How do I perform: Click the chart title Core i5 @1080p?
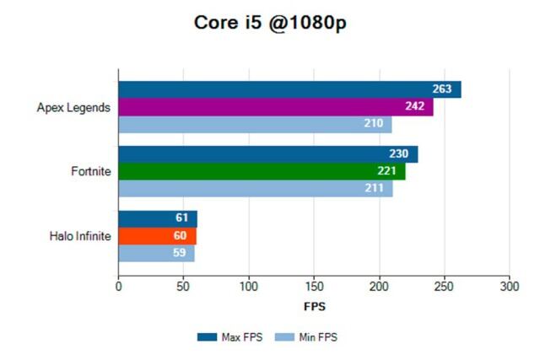[x=270, y=23]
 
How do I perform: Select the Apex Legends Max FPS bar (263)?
[x=289, y=89]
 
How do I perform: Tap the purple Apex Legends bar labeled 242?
[x=275, y=107]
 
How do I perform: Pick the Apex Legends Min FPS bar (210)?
[x=255, y=125]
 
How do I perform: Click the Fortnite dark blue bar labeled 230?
[x=267, y=154]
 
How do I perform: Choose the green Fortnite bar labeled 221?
[x=262, y=171]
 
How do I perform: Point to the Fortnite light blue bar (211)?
[x=255, y=188]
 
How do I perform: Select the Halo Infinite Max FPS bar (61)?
[x=157, y=218]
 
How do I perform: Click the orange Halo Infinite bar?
[x=157, y=236]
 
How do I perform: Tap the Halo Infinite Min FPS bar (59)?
[x=156, y=253]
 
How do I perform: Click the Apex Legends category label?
[x=73, y=107]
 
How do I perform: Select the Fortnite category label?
[x=90, y=172]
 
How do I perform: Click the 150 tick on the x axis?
[x=314, y=287]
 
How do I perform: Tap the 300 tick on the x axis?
[x=509, y=287]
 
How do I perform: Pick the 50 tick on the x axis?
[x=183, y=287]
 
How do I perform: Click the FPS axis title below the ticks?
[x=314, y=306]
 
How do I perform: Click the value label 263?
[x=442, y=89]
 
